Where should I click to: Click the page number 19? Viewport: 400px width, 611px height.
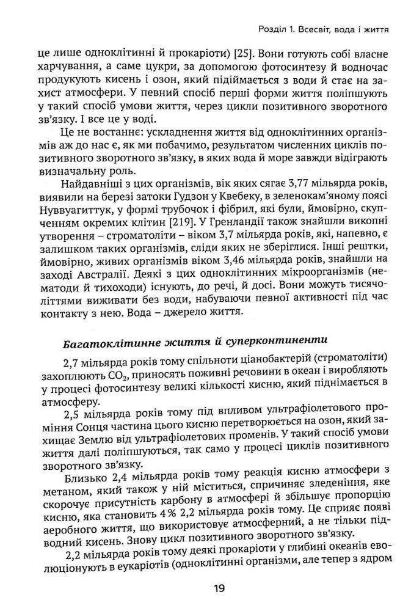click(219, 590)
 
